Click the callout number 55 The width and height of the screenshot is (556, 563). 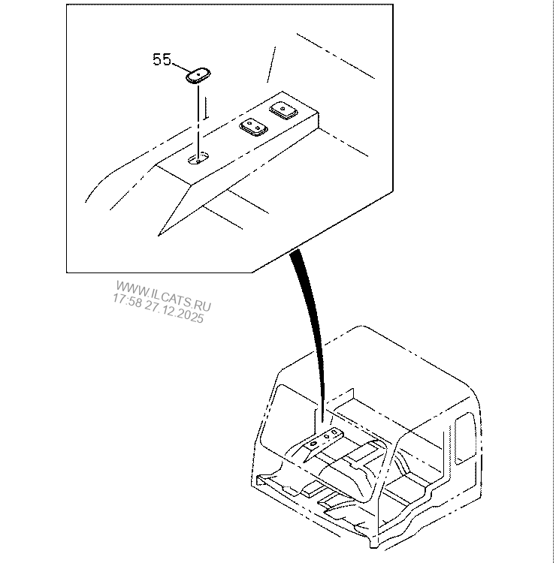[x=162, y=59]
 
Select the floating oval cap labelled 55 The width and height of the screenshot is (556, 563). [x=198, y=75]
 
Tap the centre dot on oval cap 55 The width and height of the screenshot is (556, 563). [x=198, y=74]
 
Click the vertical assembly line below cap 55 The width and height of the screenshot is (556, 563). [x=198, y=121]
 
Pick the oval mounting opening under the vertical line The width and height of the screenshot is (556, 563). [x=199, y=158]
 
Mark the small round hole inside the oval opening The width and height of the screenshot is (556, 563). [x=198, y=161]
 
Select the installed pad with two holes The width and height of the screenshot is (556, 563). [x=253, y=127]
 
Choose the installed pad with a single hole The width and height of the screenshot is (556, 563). [x=283, y=110]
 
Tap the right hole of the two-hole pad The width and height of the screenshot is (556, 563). [x=258, y=128]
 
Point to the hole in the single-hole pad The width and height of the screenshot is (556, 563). [x=283, y=107]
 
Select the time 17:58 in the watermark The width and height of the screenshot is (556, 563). [x=127, y=300]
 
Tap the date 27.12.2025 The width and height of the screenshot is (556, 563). [x=174, y=312]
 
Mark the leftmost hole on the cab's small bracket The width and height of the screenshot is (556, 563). [x=313, y=444]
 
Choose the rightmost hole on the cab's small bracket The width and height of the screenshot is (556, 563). [x=335, y=432]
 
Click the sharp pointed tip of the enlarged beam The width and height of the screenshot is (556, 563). [x=159, y=236]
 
